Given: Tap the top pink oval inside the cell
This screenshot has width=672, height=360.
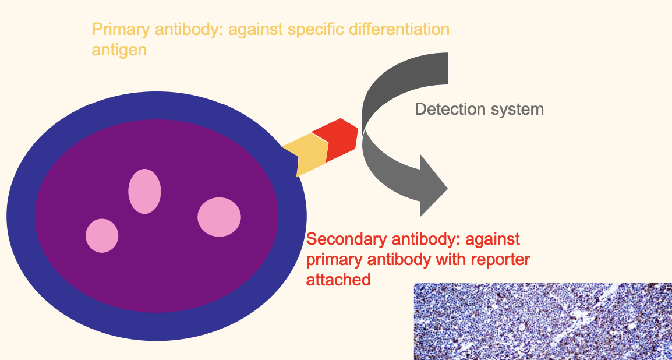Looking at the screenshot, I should click(144, 191).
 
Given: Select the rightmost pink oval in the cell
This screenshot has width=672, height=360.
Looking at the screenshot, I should click(219, 217).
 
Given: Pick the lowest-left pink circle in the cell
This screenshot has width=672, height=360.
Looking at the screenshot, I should click(102, 235).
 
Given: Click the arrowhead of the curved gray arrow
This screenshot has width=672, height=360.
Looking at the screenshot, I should click(432, 186).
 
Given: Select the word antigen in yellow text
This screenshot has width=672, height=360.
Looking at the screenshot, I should click(119, 50).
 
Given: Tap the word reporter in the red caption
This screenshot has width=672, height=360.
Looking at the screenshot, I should click(497, 259).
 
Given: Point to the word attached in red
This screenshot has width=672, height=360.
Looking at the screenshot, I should click(338, 280).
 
